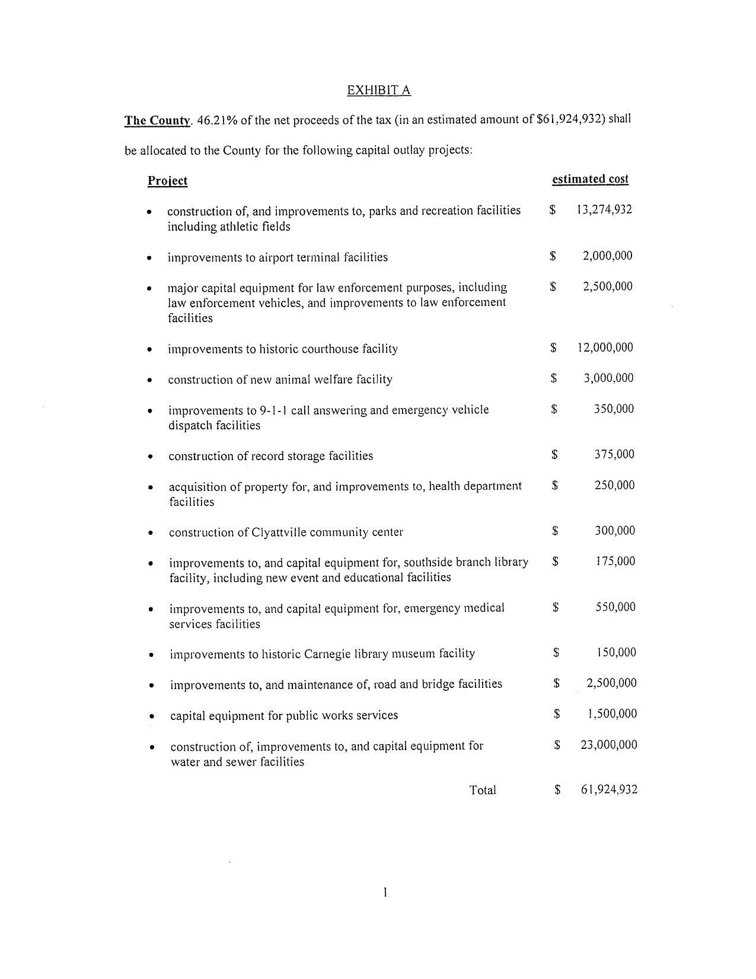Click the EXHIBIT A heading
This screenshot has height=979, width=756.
point(378,90)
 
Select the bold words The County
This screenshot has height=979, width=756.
point(157,120)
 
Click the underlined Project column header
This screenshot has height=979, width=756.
point(167,181)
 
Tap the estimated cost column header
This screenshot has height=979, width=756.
point(590,179)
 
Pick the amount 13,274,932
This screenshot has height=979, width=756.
point(604,209)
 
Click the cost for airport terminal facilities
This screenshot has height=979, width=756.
point(607,256)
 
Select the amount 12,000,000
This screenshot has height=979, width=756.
point(605,347)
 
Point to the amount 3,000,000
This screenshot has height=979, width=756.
point(608,378)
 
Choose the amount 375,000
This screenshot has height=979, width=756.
point(614,454)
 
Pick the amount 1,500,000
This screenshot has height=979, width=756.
point(612,714)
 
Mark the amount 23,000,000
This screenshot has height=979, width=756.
point(609,745)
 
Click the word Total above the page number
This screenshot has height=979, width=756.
point(483,790)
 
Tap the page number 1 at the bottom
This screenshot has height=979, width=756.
point(385,892)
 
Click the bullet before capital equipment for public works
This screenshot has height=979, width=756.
point(152,716)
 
